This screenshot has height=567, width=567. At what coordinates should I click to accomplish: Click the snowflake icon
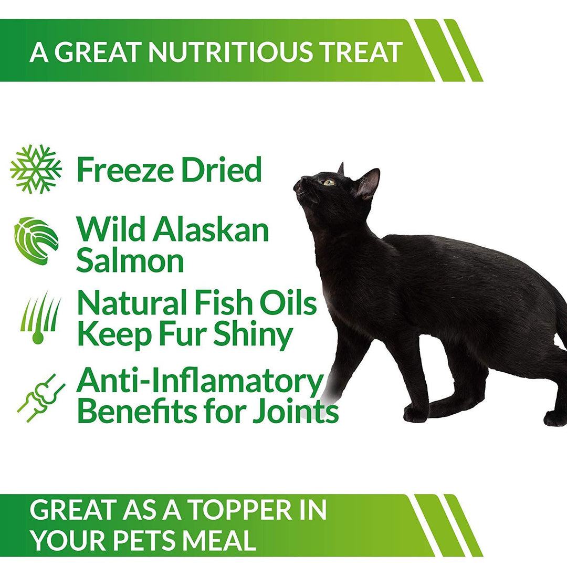pos(36,169)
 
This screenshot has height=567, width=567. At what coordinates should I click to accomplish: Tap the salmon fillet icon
pos(36,241)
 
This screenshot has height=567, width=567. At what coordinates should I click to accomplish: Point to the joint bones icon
pos(40,398)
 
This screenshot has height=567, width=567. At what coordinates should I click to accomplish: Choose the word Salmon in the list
pos(130,260)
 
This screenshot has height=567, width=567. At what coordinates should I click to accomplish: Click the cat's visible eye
pos(329,182)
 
